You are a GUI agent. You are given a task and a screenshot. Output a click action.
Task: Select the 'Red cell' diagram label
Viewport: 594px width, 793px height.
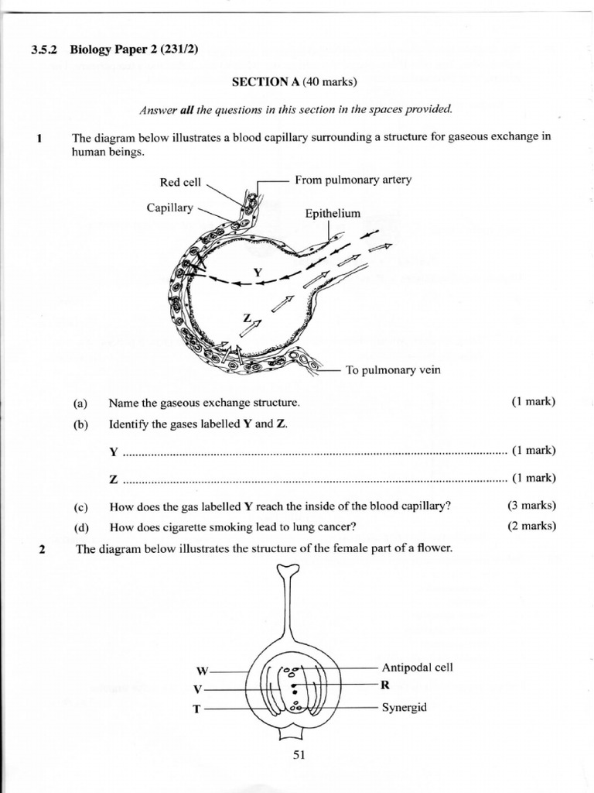tap(180, 183)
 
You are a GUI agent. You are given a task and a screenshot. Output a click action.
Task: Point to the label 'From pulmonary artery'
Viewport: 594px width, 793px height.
tap(353, 180)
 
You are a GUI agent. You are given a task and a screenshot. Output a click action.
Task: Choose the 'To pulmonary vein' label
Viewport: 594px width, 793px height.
tap(393, 370)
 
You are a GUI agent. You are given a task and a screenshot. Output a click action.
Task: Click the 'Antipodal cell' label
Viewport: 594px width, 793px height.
tap(418, 668)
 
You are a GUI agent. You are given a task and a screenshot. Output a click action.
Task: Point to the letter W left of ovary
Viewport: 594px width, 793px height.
tap(203, 671)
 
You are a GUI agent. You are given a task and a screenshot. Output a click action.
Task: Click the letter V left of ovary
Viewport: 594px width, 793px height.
tap(199, 688)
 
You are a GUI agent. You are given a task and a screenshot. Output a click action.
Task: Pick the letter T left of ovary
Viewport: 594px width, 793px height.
tap(197, 708)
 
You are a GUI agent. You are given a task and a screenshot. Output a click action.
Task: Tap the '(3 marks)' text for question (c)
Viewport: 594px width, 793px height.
tap(531, 506)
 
